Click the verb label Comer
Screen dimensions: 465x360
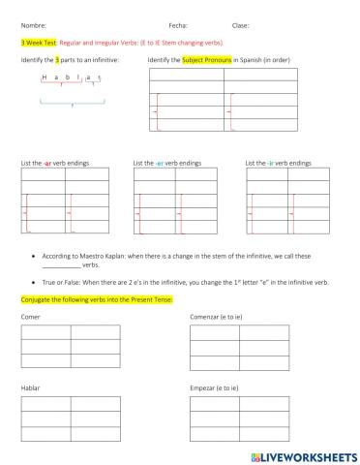pyautogui.click(x=29, y=316)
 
